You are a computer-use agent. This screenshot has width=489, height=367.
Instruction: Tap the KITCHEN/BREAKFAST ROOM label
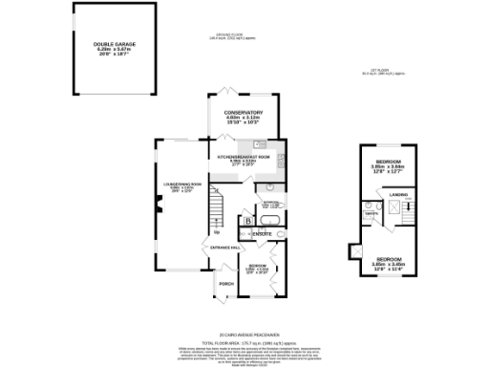tap(244, 156)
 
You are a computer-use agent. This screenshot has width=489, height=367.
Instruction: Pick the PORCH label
tap(226, 284)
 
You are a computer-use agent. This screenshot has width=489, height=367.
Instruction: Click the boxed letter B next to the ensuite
tap(248, 222)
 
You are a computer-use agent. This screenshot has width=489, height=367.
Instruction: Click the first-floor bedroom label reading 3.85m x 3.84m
tap(389, 162)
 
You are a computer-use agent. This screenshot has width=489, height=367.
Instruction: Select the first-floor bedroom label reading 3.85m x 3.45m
tap(389, 259)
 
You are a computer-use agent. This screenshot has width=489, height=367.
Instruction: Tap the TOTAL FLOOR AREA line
tap(244, 342)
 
